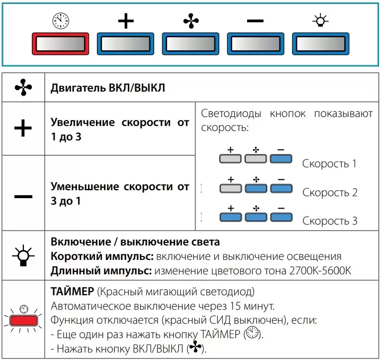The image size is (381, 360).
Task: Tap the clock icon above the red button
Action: click(60, 21)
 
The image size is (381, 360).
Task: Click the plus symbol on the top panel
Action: click(126, 21)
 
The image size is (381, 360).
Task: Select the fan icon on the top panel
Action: click(190, 21)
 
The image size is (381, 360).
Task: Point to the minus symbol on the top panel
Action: click(255, 21)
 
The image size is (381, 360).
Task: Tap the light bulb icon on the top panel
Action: click(320, 21)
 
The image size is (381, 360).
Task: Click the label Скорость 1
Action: click(329, 164)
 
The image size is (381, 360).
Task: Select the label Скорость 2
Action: click(330, 193)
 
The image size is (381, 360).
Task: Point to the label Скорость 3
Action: click(330, 221)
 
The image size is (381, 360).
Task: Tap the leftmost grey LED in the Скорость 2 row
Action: click(230, 188)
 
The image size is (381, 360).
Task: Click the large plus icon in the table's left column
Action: click(23, 129)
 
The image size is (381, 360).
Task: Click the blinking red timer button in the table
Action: click(23, 320)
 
